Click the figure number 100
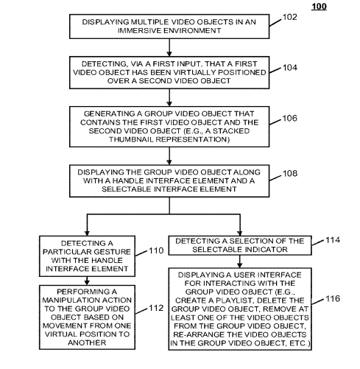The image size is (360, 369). coord(319,7)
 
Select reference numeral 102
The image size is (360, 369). coord(290,17)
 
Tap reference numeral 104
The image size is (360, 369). coord(290,68)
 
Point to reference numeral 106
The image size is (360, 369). coord(290,118)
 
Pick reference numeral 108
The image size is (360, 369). coord(290,173)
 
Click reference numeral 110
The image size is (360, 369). coord(156,250)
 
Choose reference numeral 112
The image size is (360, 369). coord(156,308)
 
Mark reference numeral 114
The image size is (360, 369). coord(333,240)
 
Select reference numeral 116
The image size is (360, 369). coord(333,298)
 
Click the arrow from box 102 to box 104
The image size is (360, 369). coord(169,47)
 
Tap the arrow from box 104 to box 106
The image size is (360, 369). coord(169,97)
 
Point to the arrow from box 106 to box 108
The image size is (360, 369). coord(169,156)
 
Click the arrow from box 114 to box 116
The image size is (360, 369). coord(240,261)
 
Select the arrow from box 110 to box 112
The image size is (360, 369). coord(87,281)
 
